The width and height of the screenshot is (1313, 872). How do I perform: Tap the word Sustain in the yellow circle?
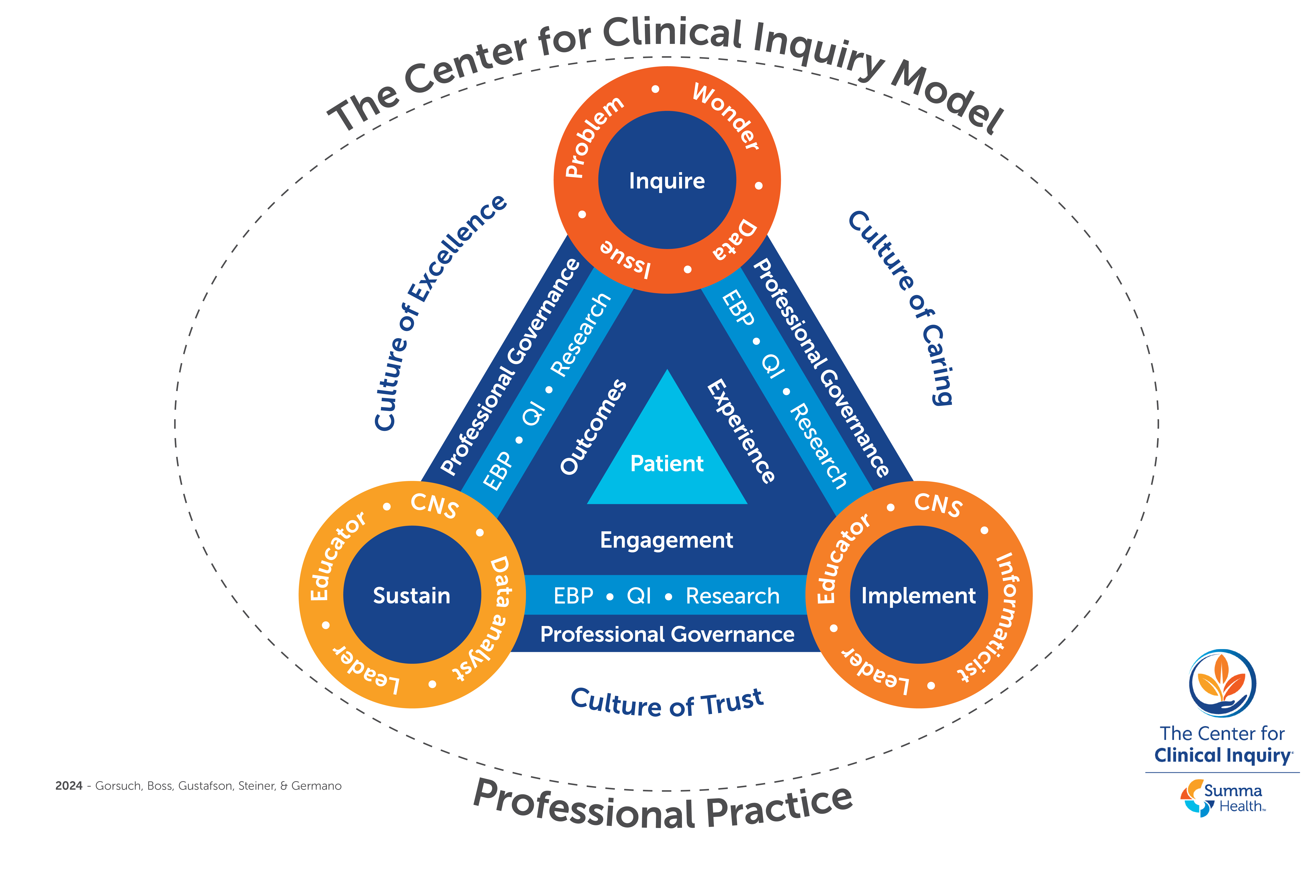click(x=411, y=596)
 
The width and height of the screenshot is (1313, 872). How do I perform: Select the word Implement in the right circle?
click(x=918, y=596)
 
